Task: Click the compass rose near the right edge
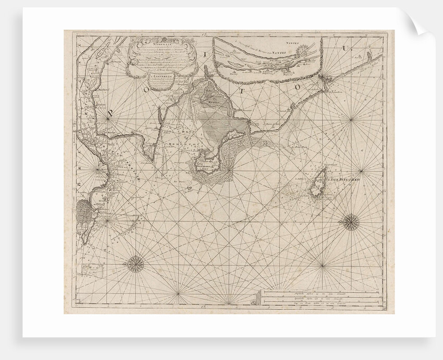click(x=350, y=222)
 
